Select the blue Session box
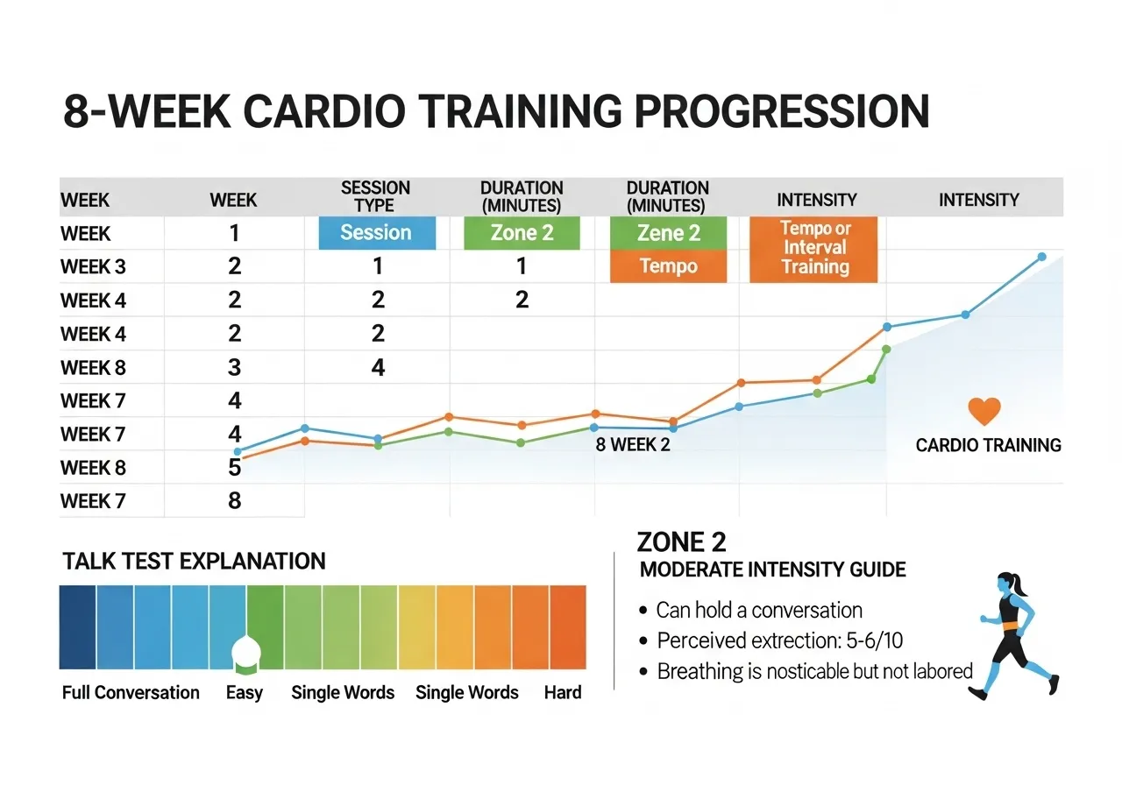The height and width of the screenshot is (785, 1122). tap(376, 233)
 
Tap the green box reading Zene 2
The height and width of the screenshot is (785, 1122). tap(668, 233)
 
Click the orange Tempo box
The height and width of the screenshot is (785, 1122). tap(668, 266)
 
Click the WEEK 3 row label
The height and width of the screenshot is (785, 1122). tap(93, 267)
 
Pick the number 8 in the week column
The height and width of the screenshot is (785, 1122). tap(234, 501)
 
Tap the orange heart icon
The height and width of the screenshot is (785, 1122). tap(984, 411)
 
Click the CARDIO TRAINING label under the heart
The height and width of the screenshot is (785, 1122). tap(988, 445)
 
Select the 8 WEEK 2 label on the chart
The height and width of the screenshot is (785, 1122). tap(633, 444)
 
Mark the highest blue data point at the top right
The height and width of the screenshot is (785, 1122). tap(1041, 257)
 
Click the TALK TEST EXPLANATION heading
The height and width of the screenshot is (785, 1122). tap(194, 562)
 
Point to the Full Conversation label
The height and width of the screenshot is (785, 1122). tap(131, 693)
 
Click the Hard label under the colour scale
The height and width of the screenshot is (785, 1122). tap(562, 693)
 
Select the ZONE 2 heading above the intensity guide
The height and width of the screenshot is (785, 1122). tap(681, 541)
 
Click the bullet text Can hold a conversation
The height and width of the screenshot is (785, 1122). tap(759, 611)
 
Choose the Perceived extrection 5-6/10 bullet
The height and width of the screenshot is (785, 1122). tap(779, 640)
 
